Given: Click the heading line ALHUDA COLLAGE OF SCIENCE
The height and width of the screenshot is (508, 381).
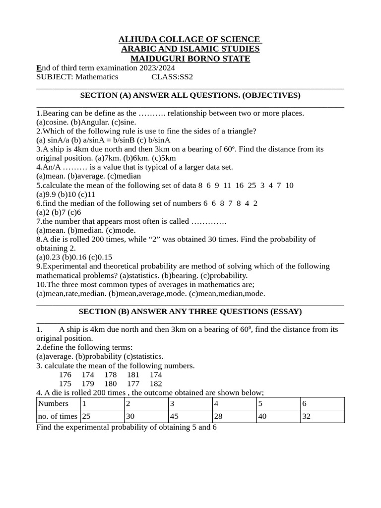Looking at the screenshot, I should click(189, 39).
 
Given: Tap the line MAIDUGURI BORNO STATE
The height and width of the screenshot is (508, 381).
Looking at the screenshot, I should click(190, 59).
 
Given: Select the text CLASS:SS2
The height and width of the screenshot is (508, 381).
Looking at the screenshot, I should click(172, 77).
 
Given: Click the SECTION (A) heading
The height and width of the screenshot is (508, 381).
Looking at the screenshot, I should click(190, 95).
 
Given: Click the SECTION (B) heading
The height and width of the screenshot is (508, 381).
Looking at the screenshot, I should click(190, 312).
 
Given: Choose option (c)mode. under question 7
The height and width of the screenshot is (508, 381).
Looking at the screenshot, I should click(121, 230).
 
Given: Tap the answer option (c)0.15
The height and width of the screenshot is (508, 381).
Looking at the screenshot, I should click(101, 257).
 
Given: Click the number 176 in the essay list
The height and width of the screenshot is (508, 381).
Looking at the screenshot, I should click(65, 375).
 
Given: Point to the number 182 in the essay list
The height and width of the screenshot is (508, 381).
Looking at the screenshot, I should click(155, 383).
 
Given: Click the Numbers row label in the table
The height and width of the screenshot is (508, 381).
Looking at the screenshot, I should click(53, 403).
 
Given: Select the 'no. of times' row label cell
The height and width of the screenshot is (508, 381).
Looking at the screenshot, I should click(58, 416).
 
